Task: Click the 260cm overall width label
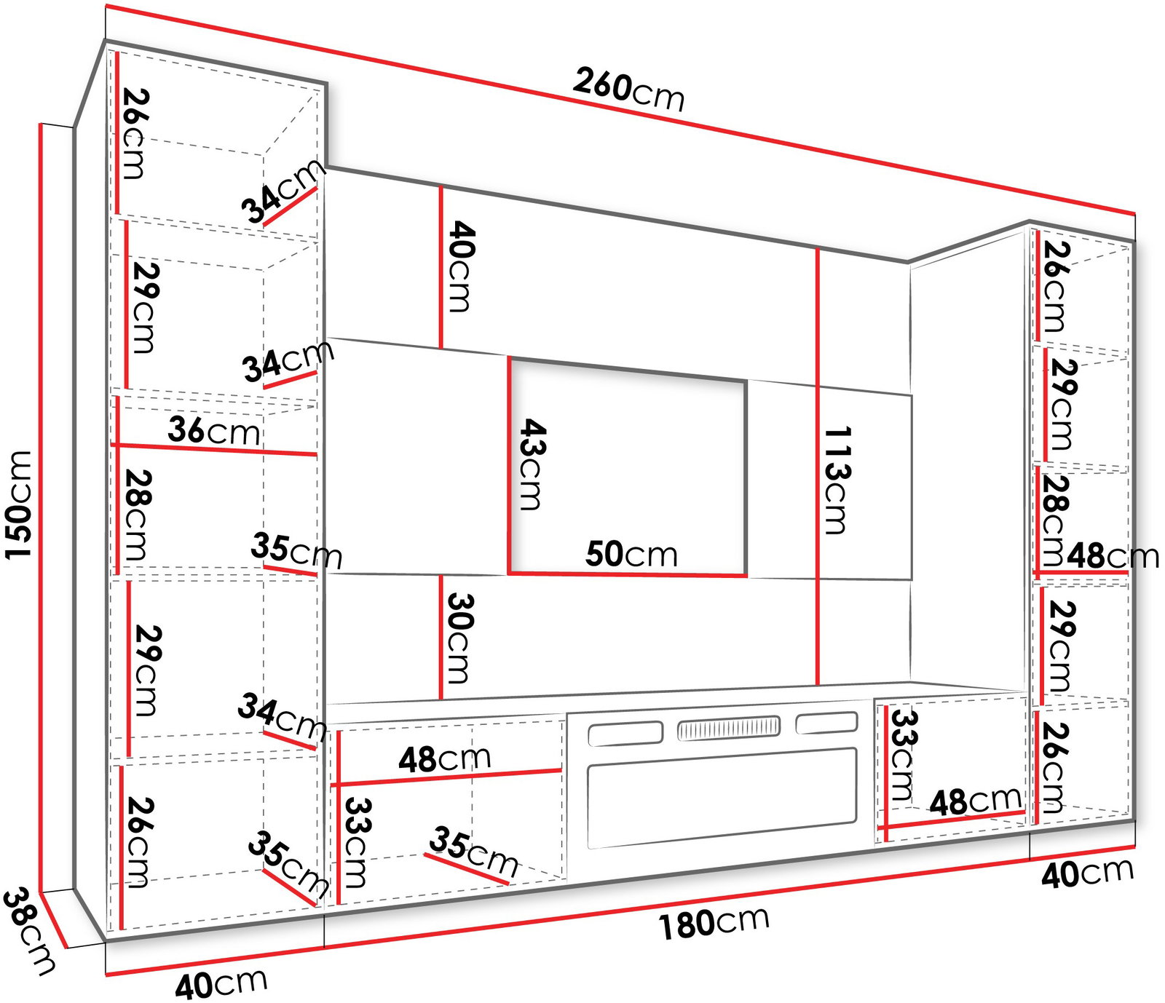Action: pos(628,90)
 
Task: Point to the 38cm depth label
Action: pos(28,931)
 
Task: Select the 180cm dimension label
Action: pos(714,922)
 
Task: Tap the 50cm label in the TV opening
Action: pos(631,554)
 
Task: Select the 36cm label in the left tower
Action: pos(213,430)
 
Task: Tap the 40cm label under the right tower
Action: pos(1087,873)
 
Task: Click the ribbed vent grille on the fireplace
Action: pos(728,728)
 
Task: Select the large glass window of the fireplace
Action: pos(722,797)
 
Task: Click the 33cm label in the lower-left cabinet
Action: pos(358,843)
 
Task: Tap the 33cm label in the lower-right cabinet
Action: pos(904,755)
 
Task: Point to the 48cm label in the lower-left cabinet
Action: pos(444,758)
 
